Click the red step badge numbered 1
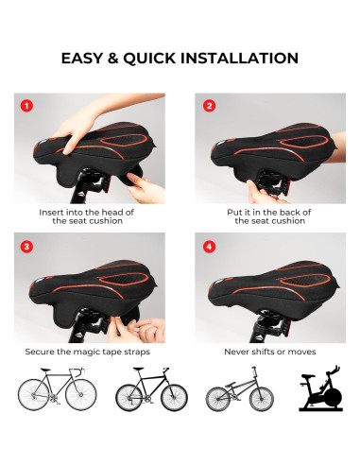28,106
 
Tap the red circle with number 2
208,106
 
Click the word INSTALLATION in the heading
243,59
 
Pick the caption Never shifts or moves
269,352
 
